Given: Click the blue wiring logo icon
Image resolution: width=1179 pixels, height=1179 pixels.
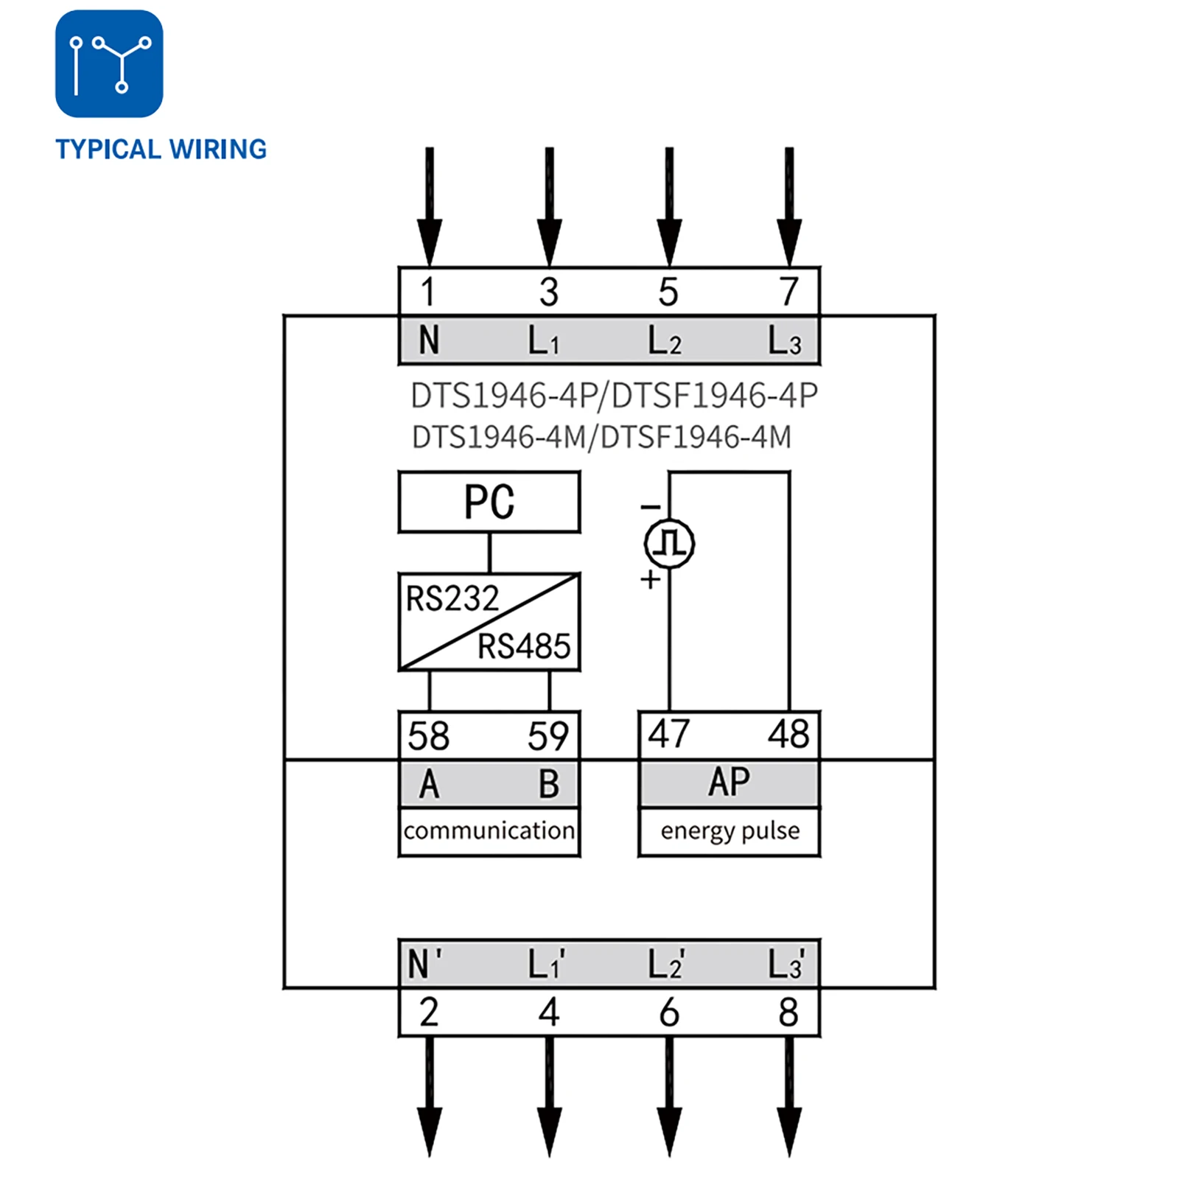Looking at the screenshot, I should (109, 63).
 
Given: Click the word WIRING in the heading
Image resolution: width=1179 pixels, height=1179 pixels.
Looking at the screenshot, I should (218, 150).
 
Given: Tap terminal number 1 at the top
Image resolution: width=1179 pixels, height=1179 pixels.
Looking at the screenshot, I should (428, 292).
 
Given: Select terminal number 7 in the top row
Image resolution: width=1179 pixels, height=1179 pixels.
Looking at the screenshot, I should (789, 292).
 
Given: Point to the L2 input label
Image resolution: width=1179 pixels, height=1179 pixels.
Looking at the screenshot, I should (665, 341).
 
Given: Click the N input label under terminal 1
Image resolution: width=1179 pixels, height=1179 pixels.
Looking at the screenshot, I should (429, 341).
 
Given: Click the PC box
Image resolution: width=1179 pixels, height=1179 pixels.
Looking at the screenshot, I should (489, 503).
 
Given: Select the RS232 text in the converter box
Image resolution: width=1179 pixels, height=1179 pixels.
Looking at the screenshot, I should (452, 598).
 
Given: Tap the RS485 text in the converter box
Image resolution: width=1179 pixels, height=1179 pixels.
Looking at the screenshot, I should (524, 647).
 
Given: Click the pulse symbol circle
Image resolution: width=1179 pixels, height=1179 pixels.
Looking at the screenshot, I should (669, 544).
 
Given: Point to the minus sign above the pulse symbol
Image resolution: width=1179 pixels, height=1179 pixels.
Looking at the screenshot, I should (650, 507).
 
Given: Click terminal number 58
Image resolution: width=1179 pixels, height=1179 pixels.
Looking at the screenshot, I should (428, 736).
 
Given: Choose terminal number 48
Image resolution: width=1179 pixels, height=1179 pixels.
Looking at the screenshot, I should (788, 735).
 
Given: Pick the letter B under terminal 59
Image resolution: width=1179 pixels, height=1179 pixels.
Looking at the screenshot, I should (549, 784).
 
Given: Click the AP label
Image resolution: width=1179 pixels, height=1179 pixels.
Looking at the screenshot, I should (730, 783).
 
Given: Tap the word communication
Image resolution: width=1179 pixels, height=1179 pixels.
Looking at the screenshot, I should (489, 831).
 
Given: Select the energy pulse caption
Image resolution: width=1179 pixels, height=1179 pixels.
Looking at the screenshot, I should (730, 831).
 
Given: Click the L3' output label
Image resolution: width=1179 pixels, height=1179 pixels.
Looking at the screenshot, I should (786, 964).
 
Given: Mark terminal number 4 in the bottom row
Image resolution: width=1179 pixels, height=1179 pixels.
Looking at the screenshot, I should (549, 1012).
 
